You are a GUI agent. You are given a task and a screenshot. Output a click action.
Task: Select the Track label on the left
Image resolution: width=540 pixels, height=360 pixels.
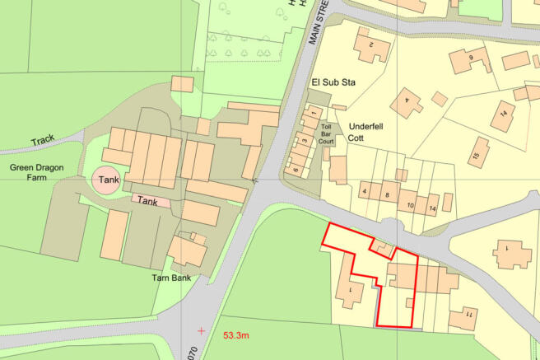click(x=44, y=140)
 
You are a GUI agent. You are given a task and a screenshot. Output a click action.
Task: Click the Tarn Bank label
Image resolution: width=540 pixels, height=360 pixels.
click(x=171, y=278)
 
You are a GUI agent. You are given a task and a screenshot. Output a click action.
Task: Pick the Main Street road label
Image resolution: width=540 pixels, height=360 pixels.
click(x=314, y=22)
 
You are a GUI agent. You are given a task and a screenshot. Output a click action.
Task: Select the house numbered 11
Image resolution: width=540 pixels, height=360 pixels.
click(x=467, y=315)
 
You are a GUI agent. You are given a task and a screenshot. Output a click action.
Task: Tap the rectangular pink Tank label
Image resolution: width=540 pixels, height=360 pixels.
click(x=147, y=200)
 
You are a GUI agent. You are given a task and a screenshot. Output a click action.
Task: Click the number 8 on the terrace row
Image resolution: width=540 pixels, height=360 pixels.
click(x=387, y=194)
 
